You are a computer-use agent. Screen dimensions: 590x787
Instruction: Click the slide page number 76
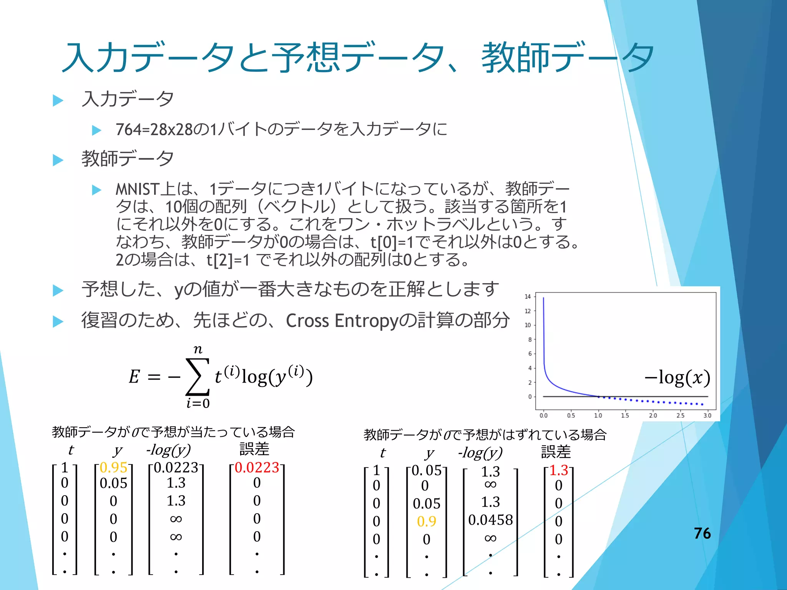click(702, 533)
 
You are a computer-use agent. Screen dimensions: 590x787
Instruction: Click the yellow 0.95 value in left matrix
click(113, 467)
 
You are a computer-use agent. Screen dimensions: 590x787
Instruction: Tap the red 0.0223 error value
click(257, 467)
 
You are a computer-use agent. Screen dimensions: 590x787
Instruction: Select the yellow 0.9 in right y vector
click(427, 521)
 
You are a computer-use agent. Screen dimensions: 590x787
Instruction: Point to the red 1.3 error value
click(558, 470)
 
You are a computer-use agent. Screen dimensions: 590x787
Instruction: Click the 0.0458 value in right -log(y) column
click(490, 520)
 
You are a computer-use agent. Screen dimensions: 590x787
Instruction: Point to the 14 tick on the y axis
click(528, 297)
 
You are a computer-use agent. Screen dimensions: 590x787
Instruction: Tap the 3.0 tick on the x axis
click(707, 415)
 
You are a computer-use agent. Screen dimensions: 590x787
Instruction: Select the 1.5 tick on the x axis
click(625, 415)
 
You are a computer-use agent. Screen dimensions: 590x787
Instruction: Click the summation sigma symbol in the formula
click(198, 376)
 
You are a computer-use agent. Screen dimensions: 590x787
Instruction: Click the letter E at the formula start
click(134, 377)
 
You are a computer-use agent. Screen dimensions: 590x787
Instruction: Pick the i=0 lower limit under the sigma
click(198, 403)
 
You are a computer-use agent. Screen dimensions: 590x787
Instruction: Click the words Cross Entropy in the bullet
click(340, 321)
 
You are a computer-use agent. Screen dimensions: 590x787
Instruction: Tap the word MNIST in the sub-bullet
click(137, 189)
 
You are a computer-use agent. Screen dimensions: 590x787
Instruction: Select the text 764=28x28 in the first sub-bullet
click(154, 130)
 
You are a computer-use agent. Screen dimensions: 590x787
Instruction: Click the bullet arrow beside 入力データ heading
click(58, 100)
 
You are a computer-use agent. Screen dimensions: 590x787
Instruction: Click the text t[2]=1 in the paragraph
click(228, 260)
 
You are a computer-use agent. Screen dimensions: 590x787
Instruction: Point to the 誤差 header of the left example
click(254, 449)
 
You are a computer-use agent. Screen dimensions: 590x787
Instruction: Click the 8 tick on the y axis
click(530, 340)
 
